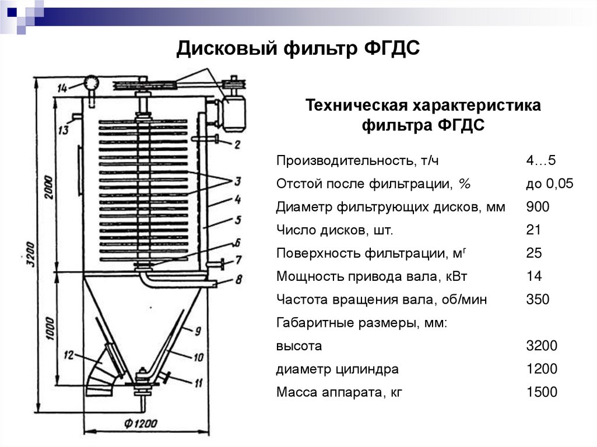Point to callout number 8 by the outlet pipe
click(238, 280)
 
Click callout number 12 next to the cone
click(69, 354)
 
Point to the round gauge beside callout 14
click(90, 83)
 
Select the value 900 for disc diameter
click(538, 207)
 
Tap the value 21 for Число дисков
click(533, 230)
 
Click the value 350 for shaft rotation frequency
click(538, 300)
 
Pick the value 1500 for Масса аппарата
click(542, 392)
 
